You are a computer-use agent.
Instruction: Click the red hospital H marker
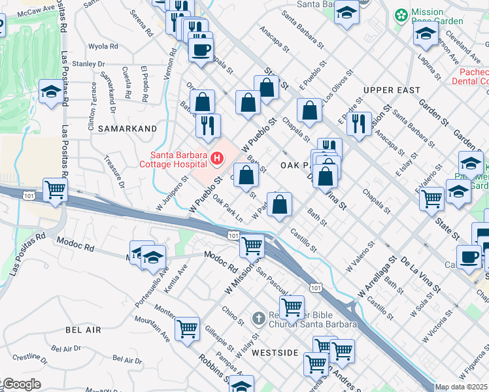tap(216, 158)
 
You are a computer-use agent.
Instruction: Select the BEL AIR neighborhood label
tap(83, 331)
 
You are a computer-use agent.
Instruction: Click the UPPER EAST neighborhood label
tap(390, 90)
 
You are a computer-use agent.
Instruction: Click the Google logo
tap(21, 384)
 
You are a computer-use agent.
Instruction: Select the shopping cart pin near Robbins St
tap(187, 329)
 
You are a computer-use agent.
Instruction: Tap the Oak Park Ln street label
tap(228, 209)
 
